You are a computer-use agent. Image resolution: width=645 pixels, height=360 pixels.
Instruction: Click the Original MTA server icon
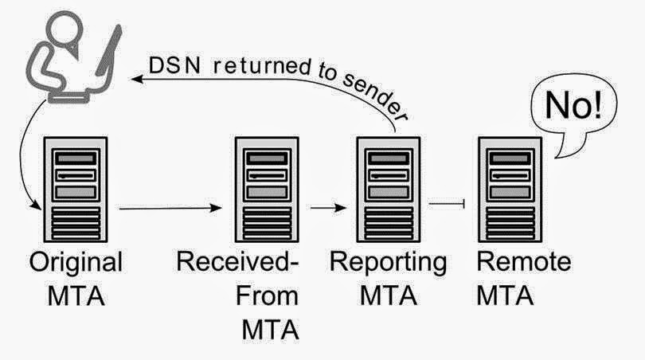[76, 190]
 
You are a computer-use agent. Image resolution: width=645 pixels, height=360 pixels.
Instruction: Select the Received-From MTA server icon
[267, 190]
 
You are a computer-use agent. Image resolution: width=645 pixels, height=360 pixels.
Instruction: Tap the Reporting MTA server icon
[389, 190]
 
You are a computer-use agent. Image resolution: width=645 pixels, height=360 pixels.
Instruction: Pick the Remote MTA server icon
[510, 190]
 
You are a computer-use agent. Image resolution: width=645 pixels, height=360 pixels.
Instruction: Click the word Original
[76, 263]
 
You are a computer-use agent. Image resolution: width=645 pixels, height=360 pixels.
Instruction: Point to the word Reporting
[388, 263]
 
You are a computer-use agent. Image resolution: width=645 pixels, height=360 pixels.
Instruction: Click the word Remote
[524, 261]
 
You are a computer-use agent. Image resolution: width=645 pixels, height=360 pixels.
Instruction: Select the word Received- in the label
[237, 261]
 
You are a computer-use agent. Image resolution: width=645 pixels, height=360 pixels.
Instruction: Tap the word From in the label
[267, 295]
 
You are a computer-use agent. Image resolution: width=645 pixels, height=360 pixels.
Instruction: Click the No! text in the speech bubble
[573, 105]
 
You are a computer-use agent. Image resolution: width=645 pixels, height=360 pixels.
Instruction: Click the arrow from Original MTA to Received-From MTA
[170, 208]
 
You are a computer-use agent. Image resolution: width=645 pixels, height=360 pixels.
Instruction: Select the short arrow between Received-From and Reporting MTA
[328, 208]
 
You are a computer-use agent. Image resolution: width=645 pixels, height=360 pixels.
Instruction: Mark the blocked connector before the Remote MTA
[447, 203]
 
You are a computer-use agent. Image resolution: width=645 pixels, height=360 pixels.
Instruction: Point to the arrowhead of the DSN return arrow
[137, 78]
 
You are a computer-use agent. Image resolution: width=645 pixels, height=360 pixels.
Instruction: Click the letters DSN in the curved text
[175, 65]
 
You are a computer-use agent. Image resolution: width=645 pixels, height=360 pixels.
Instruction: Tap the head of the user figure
[65, 28]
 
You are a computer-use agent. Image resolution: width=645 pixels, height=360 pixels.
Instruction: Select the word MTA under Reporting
[389, 295]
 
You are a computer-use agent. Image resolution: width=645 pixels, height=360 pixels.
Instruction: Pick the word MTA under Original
[76, 295]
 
